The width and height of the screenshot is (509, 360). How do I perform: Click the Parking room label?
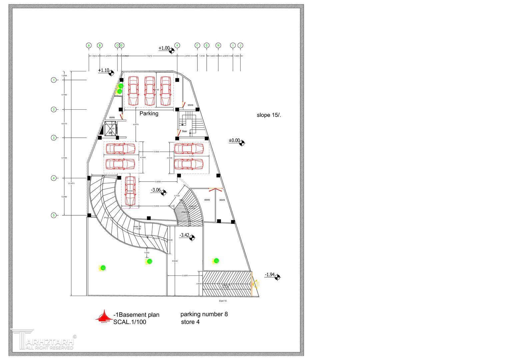[149, 114]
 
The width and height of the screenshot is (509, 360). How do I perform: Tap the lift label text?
[110, 133]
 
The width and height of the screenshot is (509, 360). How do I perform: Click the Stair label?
[184, 131]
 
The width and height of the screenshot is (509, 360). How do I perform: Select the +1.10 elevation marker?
[104, 70]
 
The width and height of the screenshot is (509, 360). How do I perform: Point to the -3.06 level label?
[156, 190]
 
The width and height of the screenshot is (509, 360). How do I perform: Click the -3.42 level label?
[184, 235]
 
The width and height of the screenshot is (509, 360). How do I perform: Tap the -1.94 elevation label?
[270, 275]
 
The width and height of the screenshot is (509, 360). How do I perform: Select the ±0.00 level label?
[234, 141]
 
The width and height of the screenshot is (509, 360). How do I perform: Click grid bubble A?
[89, 45]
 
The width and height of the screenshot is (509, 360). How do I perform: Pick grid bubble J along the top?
[240, 45]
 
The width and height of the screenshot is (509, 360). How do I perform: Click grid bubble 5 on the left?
[54, 215]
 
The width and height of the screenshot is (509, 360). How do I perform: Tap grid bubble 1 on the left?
[54, 80]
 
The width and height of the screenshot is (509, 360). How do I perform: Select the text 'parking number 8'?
[204, 314]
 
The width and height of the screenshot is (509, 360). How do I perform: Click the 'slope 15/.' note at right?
[269, 115]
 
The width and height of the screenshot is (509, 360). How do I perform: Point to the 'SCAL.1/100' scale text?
[130, 322]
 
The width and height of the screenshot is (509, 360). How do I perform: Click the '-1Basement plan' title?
[136, 315]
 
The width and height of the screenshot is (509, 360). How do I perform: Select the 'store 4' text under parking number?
[190, 322]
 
